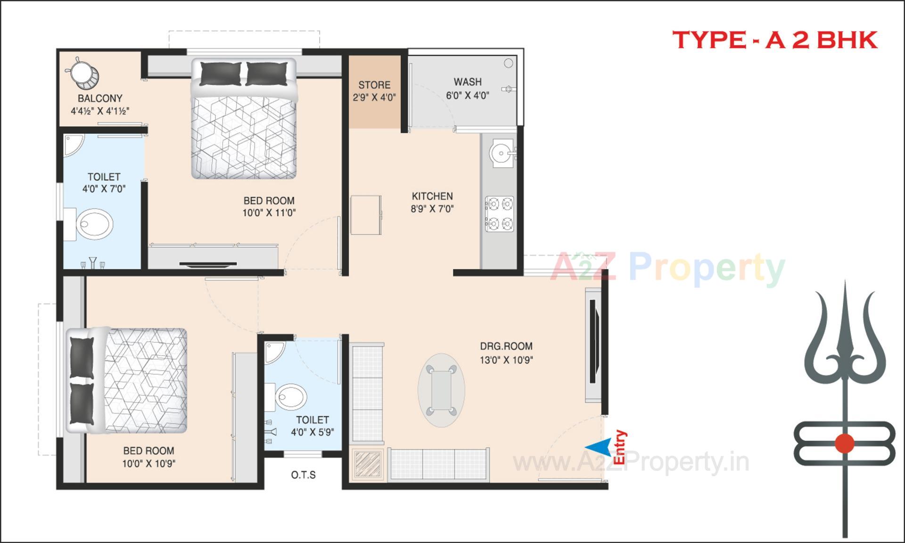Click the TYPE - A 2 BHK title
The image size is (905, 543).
pyautogui.click(x=774, y=40)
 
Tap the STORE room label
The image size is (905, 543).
pyautogui.click(x=374, y=85)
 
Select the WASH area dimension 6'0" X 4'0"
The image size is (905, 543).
pyautogui.click(x=468, y=96)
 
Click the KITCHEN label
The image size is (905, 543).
pyautogui.click(x=432, y=196)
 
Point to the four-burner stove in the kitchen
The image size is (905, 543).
pyautogui.click(x=500, y=213)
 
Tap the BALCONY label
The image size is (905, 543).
pyautogui.click(x=100, y=98)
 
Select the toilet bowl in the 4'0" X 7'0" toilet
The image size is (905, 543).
pyautogui.click(x=95, y=224)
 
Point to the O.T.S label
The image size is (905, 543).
pyautogui.click(x=303, y=475)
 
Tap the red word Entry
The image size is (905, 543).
pyautogui.click(x=620, y=447)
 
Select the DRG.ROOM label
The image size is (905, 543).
pyautogui.click(x=506, y=346)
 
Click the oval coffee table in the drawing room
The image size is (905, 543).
pyautogui.click(x=441, y=390)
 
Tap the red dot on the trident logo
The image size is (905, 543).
pyautogui.click(x=844, y=443)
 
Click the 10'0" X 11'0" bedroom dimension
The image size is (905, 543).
pyautogui.click(x=269, y=213)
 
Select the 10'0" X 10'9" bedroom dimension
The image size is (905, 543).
pyautogui.click(x=148, y=463)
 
